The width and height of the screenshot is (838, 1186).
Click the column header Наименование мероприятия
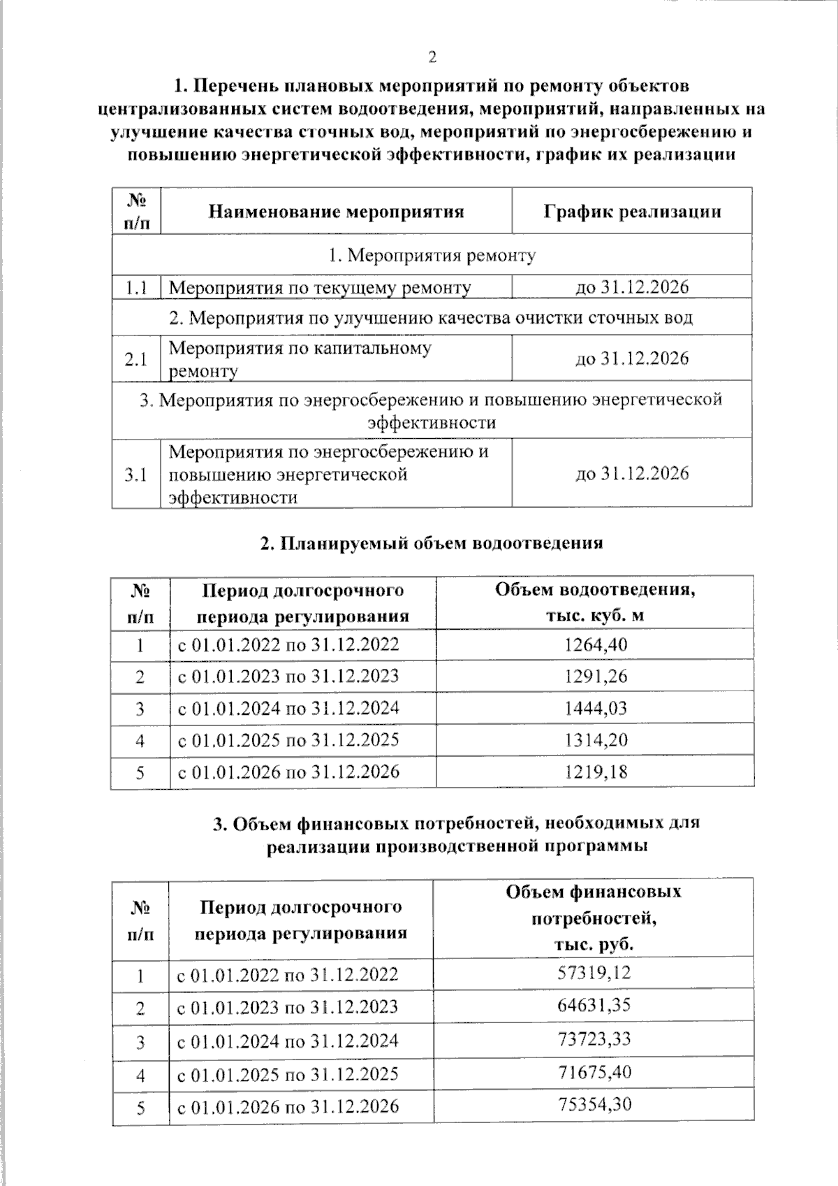pos(337,211)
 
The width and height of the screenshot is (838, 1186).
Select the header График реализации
pos(632,211)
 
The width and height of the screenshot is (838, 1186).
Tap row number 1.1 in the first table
pos(136,287)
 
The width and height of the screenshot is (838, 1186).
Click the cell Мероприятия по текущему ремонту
pos(320,287)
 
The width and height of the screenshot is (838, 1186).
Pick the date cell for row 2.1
pos(632,359)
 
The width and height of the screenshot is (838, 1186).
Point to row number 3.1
pos(136,475)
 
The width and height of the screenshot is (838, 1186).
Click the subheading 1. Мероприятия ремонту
pos(432,255)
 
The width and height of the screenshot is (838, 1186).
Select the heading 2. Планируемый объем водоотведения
pos(432,543)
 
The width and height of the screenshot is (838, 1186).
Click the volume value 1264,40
pos(595,644)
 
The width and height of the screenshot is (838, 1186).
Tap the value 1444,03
pos(595,708)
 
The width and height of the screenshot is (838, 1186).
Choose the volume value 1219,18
pos(595,772)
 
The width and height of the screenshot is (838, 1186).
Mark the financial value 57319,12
pos(594,972)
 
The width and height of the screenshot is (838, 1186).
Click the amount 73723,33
pos(594,1039)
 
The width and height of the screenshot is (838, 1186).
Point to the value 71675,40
pos(594,1071)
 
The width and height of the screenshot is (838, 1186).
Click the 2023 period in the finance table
pos(288,1006)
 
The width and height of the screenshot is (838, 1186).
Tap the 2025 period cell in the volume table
pos(288,740)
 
